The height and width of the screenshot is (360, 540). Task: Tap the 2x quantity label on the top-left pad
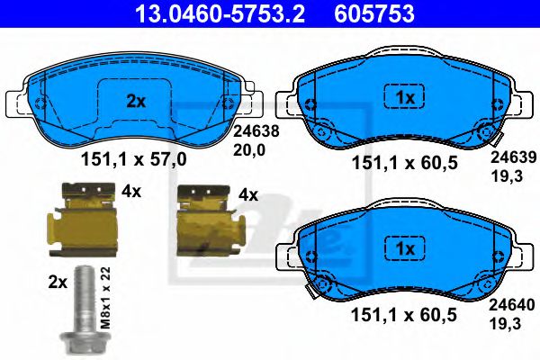pos(136,102)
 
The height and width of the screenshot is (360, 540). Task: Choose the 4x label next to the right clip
pos(247,194)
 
